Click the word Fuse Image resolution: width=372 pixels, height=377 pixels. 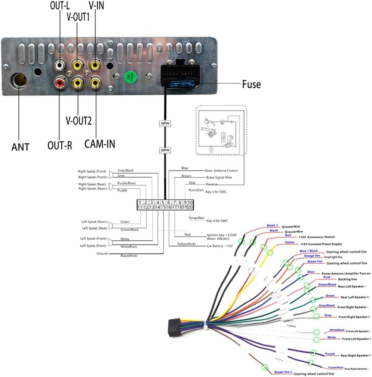251,84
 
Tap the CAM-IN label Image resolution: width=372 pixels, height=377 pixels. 99,143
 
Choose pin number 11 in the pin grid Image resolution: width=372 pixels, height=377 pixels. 140,207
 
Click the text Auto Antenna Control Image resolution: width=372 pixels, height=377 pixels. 221,170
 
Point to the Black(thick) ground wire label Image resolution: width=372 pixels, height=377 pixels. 129,256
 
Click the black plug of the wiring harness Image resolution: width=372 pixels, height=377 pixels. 174,326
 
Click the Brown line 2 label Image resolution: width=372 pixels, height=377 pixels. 283,372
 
